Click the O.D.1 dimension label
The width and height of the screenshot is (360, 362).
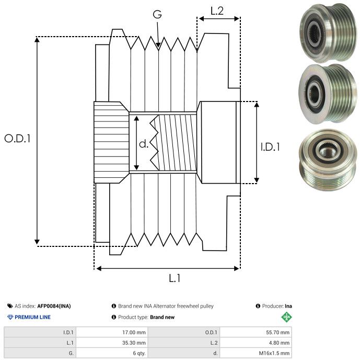tap(18, 139)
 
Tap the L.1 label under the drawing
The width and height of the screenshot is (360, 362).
tap(175, 278)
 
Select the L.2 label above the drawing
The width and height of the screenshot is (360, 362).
tap(217, 10)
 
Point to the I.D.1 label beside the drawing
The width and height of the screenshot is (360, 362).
tap(270, 148)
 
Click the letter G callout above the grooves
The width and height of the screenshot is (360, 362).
tap(157, 15)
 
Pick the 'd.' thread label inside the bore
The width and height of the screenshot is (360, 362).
tap(144, 144)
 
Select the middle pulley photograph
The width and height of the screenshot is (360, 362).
tap(326, 93)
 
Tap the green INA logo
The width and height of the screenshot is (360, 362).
tap(286, 317)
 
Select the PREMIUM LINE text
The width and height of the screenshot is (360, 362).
tap(33, 317)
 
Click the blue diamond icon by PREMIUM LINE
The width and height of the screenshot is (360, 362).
tap(10, 317)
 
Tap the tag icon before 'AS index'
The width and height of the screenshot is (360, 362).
tap(10, 306)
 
